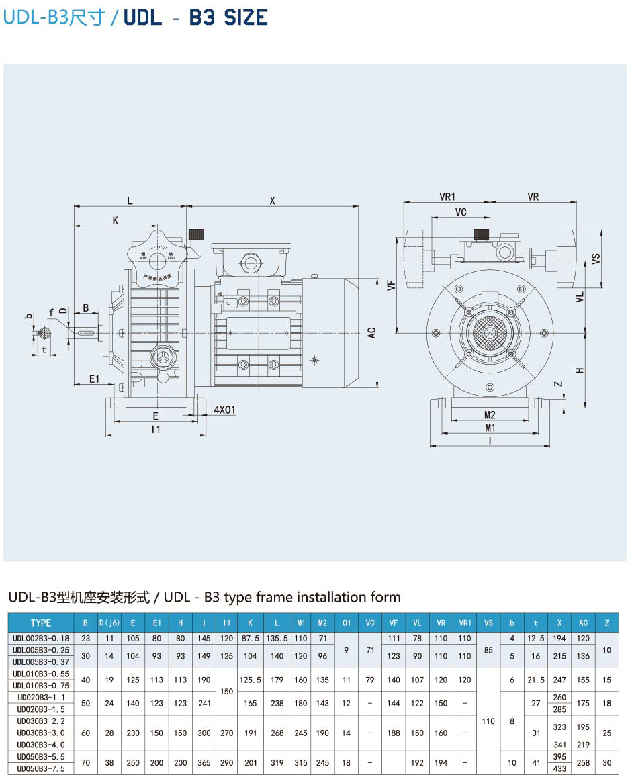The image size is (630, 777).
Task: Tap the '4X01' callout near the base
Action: [x=224, y=410]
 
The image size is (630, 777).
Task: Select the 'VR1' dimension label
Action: [x=447, y=197]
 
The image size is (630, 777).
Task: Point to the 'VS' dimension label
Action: [x=596, y=259]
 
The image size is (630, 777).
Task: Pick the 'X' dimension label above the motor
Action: [x=272, y=200]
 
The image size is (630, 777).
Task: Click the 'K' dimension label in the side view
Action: [x=116, y=220]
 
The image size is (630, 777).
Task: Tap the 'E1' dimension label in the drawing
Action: [x=95, y=379]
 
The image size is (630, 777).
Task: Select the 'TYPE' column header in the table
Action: [x=41, y=623]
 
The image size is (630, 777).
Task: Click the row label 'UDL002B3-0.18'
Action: [x=41, y=638]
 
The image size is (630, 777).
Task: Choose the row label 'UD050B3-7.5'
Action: [x=41, y=768]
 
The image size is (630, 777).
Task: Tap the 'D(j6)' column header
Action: [x=109, y=623]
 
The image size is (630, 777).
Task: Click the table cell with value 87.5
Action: [x=251, y=638]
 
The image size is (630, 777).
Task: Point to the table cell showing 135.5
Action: [x=277, y=638]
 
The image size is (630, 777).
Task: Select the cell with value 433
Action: [x=559, y=768]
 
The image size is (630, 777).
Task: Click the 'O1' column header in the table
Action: [x=346, y=623]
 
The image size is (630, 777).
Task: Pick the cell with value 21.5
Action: [x=536, y=680]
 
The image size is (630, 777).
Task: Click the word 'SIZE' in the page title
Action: [x=246, y=17]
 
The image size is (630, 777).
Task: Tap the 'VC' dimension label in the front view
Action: [x=461, y=212]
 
